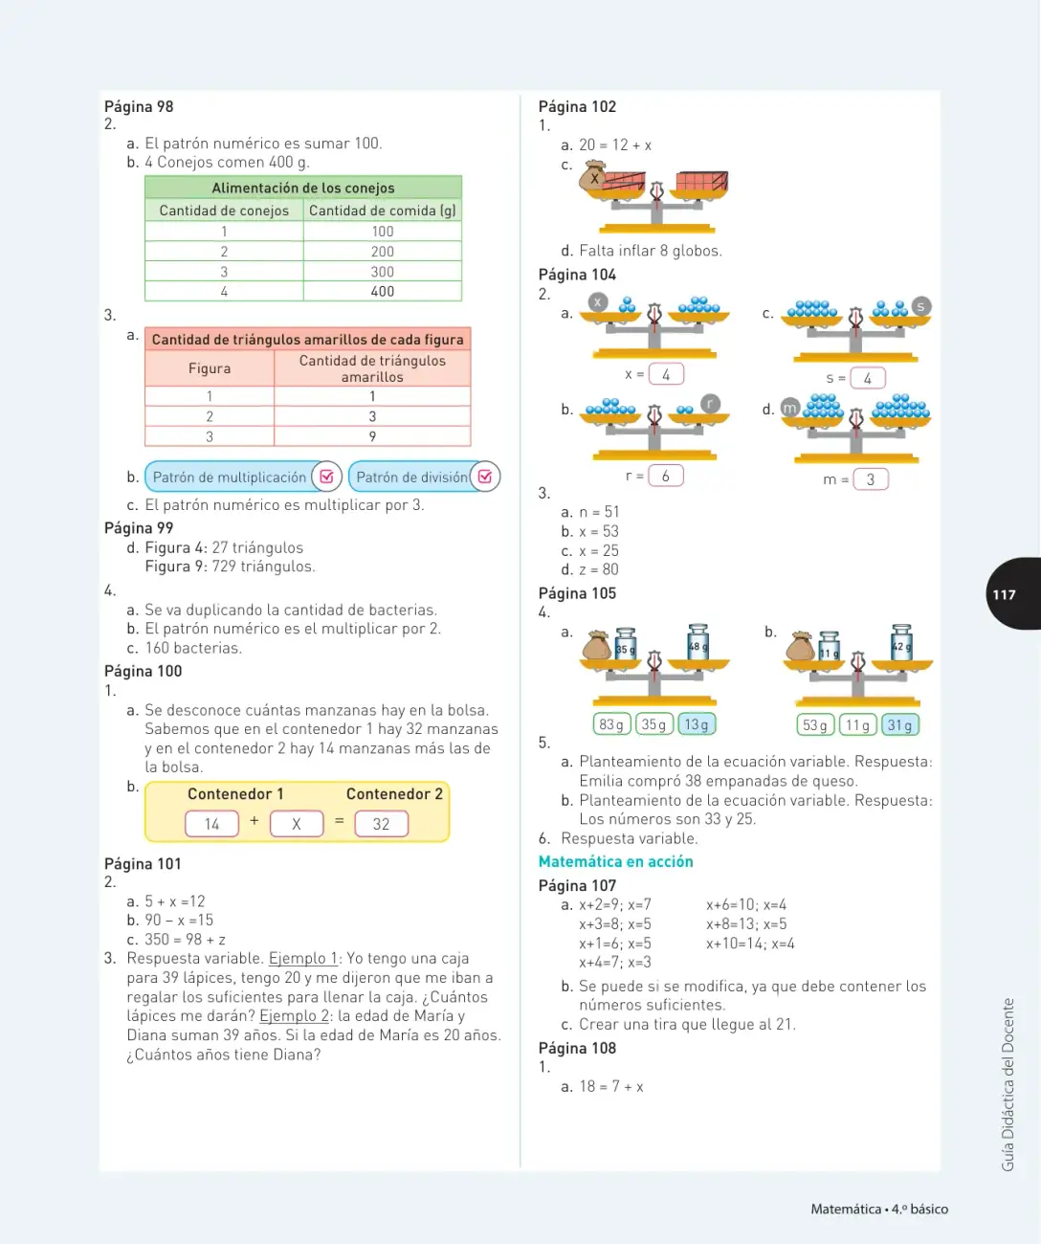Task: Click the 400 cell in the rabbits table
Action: pos(382,291)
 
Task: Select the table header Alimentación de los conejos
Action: pos(302,188)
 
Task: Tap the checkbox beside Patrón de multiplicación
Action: pos(326,477)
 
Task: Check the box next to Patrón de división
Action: pos(485,477)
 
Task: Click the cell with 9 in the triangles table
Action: pos(372,436)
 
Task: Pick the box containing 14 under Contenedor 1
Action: pos(212,824)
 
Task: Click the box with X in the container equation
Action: pos(297,824)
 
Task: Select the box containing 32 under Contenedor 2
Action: pos(382,824)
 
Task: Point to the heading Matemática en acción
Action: pos(615,861)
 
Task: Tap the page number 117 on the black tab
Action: pos(1004,594)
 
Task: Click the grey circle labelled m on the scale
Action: pos(789,408)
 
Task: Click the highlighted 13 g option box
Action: pos(697,724)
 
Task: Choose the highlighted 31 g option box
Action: pos(899,725)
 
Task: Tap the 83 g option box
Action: pos(611,724)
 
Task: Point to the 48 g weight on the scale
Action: pos(698,642)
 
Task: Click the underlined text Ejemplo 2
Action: pos(294,1016)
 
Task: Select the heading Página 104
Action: pos(577,275)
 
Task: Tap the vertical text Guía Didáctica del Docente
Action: pos(1008,1084)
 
